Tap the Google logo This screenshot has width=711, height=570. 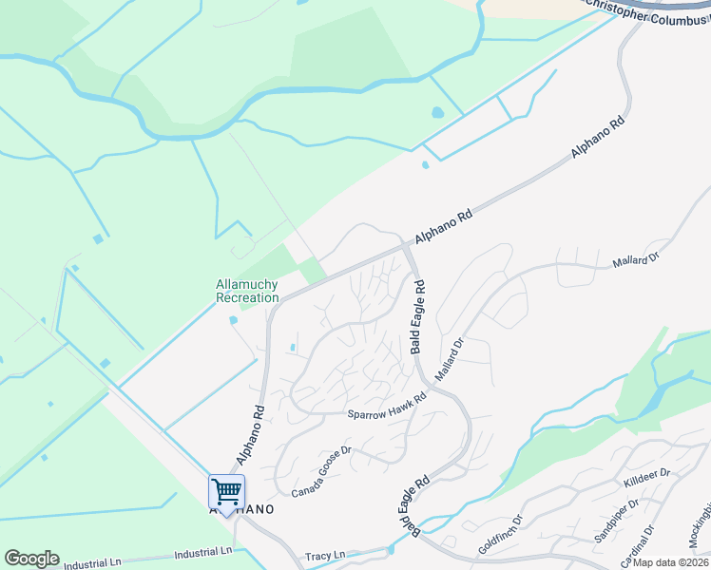31,559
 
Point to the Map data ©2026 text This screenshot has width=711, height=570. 671,562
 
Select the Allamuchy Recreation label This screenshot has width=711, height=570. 248,291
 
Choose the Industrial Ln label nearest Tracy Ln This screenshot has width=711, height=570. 203,552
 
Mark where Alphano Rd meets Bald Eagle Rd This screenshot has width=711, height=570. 408,249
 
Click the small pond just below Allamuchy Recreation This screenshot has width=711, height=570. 233,320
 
